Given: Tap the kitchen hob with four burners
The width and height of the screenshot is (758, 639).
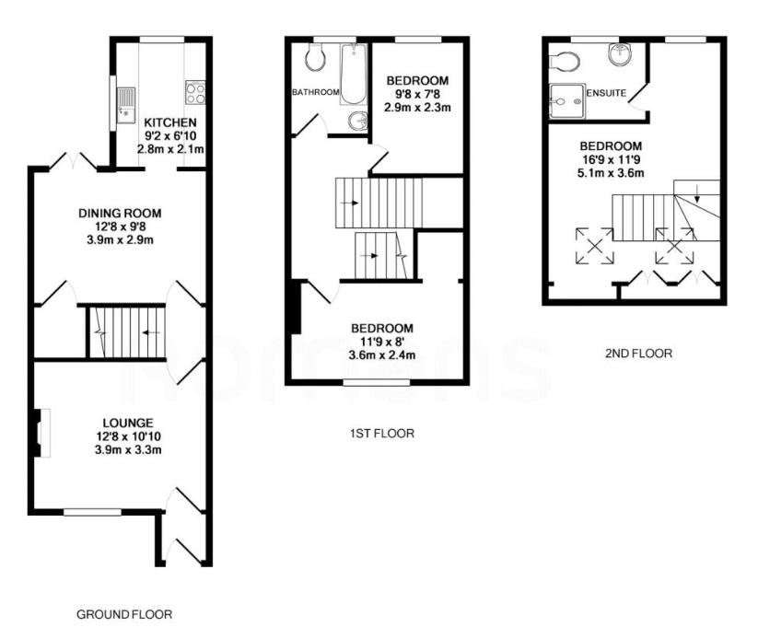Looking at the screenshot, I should (x=195, y=92).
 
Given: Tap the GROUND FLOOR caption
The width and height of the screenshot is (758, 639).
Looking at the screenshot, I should (x=123, y=613).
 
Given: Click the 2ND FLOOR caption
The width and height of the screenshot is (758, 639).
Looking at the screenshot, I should (x=638, y=353).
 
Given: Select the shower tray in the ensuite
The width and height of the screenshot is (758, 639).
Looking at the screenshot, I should (x=566, y=98).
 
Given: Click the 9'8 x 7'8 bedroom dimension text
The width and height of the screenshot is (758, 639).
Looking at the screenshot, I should (x=417, y=93).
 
